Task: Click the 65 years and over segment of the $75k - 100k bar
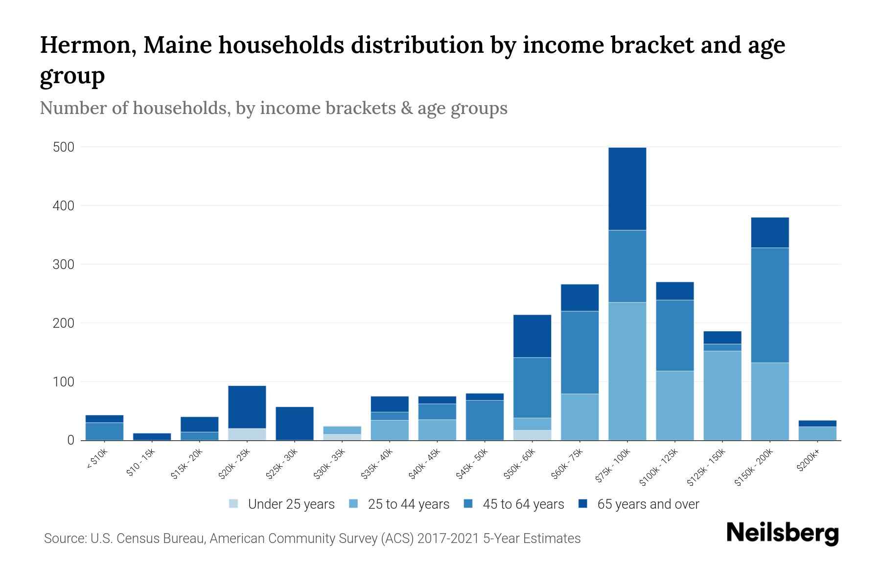point(627,189)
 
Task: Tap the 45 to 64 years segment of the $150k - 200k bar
point(770,305)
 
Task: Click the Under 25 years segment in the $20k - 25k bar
point(247,434)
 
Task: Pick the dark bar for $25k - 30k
point(295,423)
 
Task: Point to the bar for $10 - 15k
point(152,436)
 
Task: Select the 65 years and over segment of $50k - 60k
point(532,336)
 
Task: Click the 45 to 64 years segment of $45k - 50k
point(485,420)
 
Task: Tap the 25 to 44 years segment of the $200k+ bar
point(817,433)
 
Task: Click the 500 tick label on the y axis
point(63,147)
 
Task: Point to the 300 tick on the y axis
point(63,265)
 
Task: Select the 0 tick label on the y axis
point(70,440)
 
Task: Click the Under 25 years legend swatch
point(233,504)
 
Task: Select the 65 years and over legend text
point(648,504)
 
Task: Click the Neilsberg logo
point(782,533)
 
